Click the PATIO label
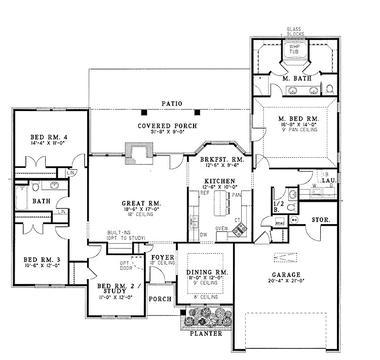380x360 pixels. pos(172,103)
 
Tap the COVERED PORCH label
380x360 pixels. pos(167,125)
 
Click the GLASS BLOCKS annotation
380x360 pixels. pos(295,32)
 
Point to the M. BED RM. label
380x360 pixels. pos(294,117)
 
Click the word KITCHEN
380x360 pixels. pos(219,181)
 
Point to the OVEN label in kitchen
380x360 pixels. pos(222,228)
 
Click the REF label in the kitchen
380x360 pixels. pos(205,193)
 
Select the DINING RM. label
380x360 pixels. pos(207,272)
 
